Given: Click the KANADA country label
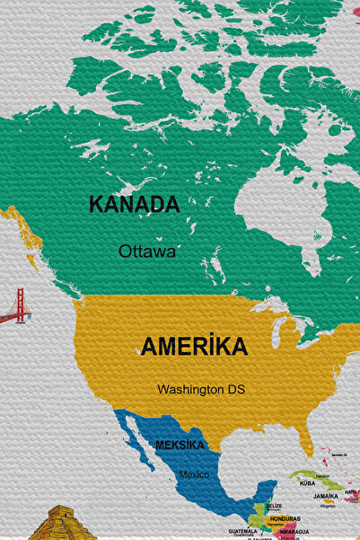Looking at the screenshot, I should pos(134,204).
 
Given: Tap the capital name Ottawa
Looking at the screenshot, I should pos(147,252).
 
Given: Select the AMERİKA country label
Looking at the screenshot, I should pos(194,346).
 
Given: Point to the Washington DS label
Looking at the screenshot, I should pos(200,390).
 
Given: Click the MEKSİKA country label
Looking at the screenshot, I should pos(180,445).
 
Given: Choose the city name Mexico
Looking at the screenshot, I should pos(192,474).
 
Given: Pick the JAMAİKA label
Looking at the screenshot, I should pos(326,495).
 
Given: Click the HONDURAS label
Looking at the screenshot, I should pos(285,518).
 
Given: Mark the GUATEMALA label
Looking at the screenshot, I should pos(242,531).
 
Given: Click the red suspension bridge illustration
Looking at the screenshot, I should pos(15,307).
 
